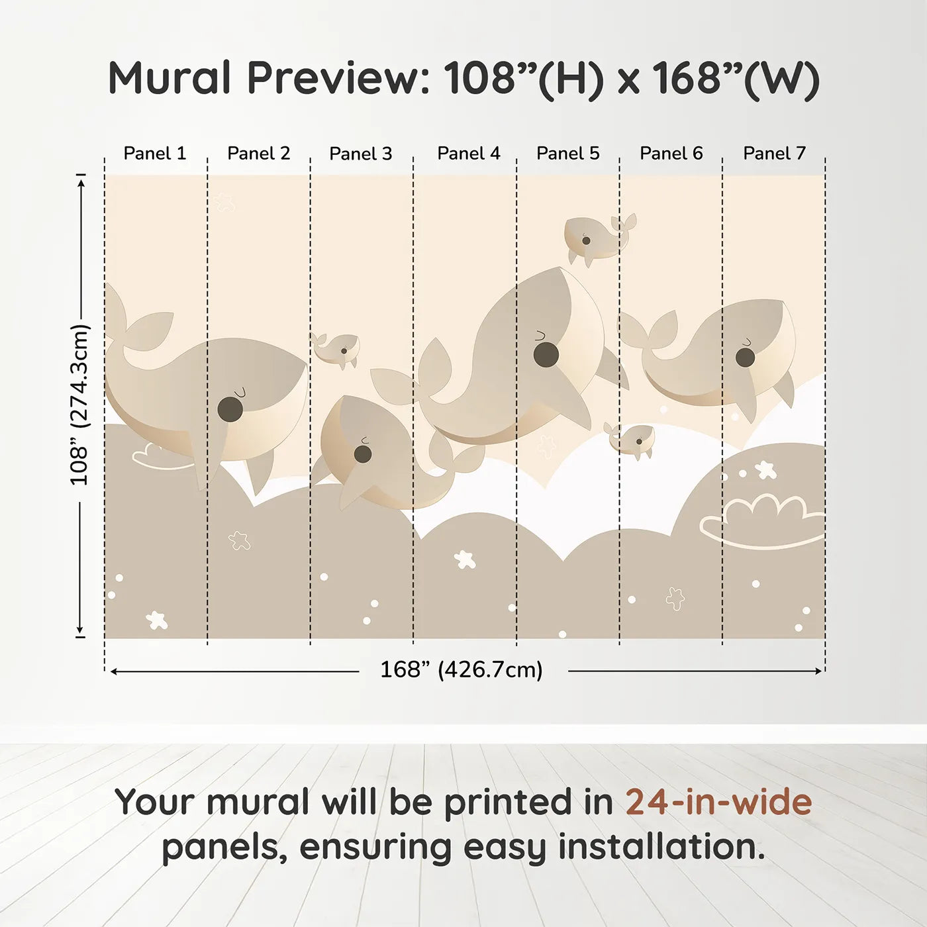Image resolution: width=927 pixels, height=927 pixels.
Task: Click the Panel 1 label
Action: (x=154, y=154)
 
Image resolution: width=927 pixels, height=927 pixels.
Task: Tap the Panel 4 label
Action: (x=469, y=154)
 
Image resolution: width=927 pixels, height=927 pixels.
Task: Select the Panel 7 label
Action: (x=774, y=154)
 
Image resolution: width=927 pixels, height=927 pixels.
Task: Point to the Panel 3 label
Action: (x=361, y=154)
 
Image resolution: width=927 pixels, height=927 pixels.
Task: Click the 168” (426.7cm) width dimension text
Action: (x=462, y=669)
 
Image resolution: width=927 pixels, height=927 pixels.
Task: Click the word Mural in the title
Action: (x=170, y=78)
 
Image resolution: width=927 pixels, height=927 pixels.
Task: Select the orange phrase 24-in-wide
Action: (x=718, y=802)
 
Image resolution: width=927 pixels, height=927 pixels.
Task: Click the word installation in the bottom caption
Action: (x=661, y=847)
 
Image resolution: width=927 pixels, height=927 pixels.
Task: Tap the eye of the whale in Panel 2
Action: (x=230, y=409)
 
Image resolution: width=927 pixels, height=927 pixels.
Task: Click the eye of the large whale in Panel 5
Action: (x=546, y=354)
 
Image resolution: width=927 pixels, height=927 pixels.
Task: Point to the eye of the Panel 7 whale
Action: (x=745, y=358)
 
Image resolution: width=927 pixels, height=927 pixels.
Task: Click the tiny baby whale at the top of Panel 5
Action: (x=599, y=238)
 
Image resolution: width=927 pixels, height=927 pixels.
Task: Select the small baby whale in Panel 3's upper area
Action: (x=336, y=350)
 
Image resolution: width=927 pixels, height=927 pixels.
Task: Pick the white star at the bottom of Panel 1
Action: (x=157, y=620)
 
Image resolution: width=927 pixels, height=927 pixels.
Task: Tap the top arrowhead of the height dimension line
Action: (x=81, y=183)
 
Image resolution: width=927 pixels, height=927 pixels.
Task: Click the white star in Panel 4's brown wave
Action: (x=465, y=560)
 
